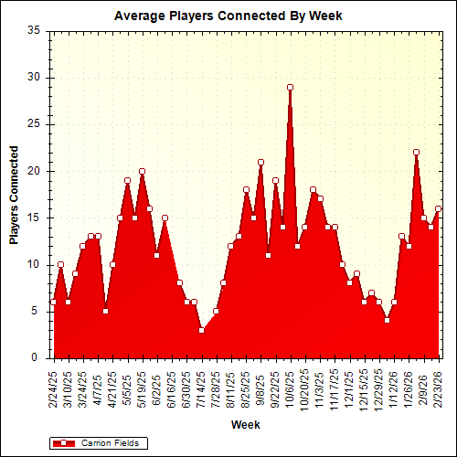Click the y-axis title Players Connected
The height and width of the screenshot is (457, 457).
pyautogui.click(x=14, y=194)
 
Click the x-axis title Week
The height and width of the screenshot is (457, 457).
pyautogui.click(x=244, y=425)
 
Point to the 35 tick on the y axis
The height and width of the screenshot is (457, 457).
pyautogui.click(x=34, y=30)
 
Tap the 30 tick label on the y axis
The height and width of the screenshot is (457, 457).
pyautogui.click(x=34, y=77)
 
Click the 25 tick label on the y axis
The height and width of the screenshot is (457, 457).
pyautogui.click(x=34, y=123)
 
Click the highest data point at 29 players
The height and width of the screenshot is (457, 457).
pyautogui.click(x=290, y=87)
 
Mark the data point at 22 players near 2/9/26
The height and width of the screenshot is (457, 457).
pyautogui.click(x=416, y=153)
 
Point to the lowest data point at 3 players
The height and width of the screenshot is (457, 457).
pyautogui.click(x=201, y=330)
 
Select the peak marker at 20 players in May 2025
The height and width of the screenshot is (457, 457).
pyautogui.click(x=142, y=171)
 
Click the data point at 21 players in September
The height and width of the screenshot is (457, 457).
pyautogui.click(x=260, y=162)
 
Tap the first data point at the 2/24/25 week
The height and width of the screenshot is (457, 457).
pyautogui.click(x=53, y=302)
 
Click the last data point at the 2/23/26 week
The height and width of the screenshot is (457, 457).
pyautogui.click(x=438, y=208)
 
